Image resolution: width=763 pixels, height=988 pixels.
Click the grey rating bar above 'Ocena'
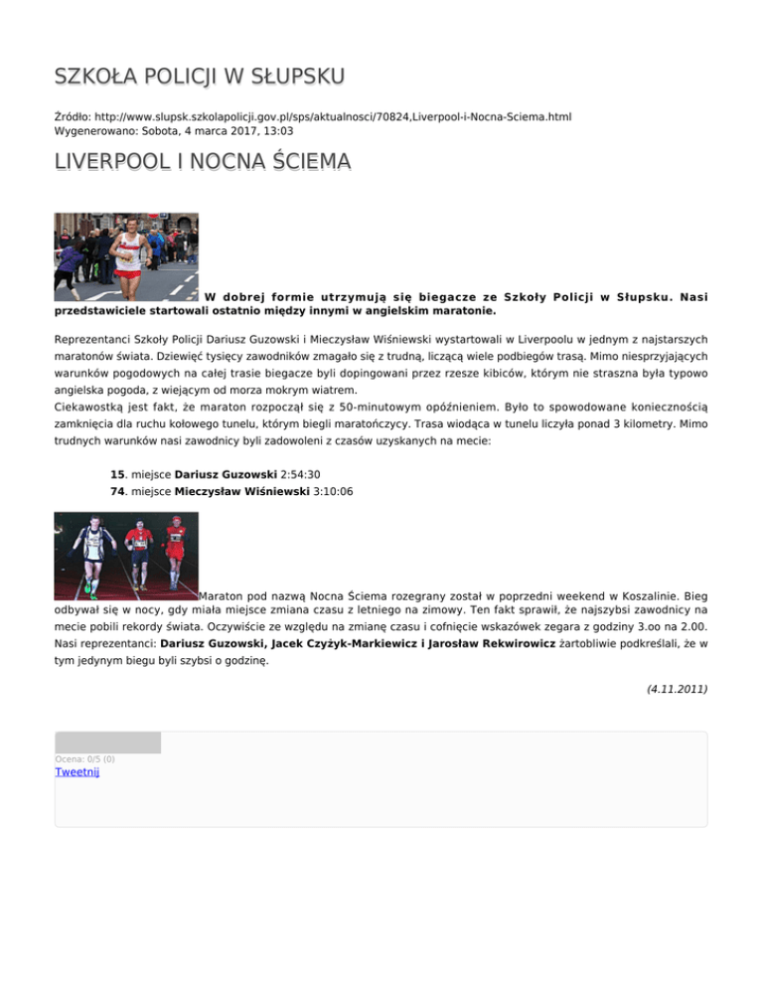[107, 742]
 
